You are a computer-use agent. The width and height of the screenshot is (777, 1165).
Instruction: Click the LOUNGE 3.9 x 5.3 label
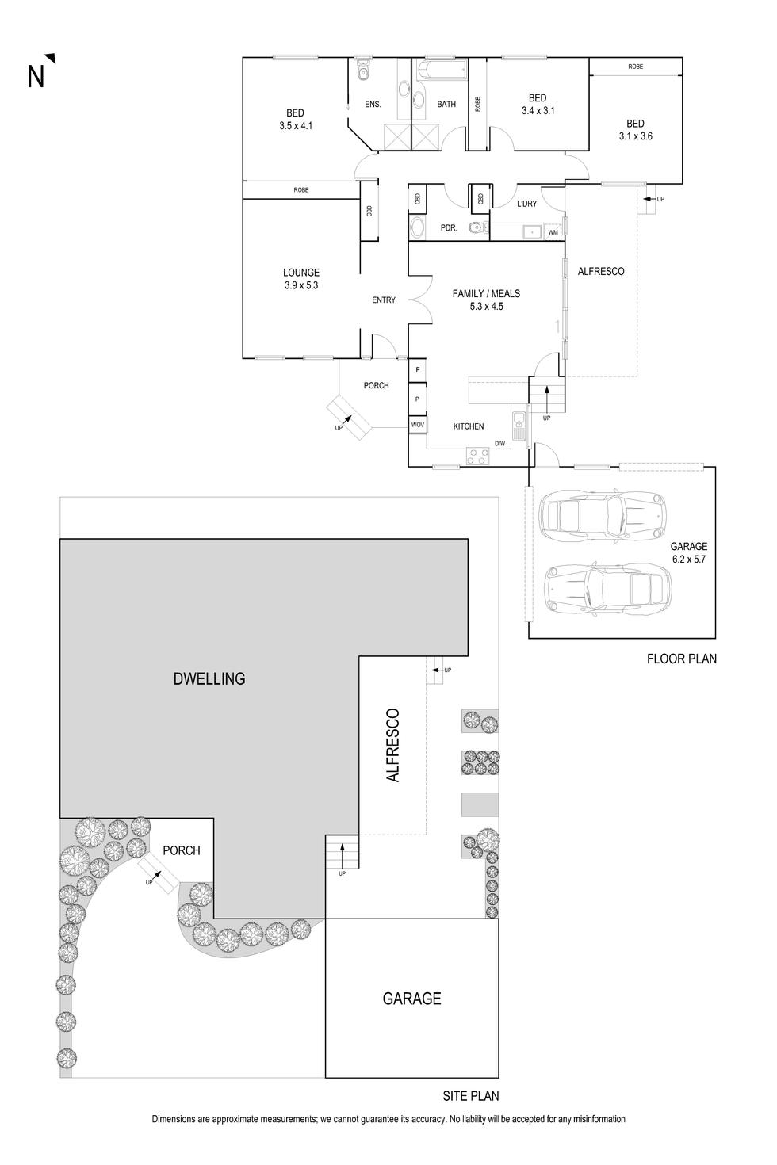coord(301,279)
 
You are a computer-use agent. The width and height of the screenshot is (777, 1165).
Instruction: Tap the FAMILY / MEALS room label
coord(486,300)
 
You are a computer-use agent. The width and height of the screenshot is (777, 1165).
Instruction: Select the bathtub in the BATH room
coord(443,71)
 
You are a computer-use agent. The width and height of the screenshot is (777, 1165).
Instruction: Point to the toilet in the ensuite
coord(363,71)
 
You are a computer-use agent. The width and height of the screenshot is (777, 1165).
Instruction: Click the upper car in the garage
coord(600,515)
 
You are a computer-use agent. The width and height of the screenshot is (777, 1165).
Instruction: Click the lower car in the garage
coord(605,589)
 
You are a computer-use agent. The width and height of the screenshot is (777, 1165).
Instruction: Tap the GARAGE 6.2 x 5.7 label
coord(688,552)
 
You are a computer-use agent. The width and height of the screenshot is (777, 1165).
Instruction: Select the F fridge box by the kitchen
coord(417,370)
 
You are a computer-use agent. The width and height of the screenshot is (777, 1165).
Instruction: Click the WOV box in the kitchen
coord(417,426)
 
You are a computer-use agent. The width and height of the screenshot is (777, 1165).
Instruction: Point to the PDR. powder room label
coord(449,228)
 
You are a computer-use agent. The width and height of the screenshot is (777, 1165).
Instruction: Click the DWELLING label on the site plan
coord(209,679)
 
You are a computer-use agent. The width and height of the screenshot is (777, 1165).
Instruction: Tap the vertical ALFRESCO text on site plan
coord(392,746)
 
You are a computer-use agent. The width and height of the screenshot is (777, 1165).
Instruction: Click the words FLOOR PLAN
coord(681,659)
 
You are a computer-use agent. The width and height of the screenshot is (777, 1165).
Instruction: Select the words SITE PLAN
coord(471,1097)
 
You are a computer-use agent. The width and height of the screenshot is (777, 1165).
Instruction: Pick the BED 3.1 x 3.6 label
coord(635,130)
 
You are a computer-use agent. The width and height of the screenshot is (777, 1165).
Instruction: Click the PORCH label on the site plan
coord(182,850)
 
